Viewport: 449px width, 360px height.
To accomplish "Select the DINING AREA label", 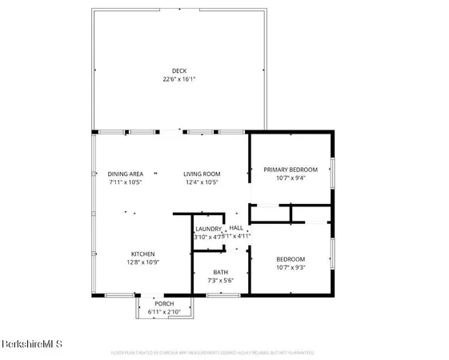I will [125, 174].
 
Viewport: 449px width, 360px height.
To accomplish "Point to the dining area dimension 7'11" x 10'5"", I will [125, 183].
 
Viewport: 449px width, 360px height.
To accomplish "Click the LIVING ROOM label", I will [202, 174].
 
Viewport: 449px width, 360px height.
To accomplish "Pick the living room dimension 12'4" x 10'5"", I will [202, 183].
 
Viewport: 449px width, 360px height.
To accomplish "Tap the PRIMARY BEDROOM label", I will [291, 169].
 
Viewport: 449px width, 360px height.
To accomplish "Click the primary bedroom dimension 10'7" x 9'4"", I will [291, 178].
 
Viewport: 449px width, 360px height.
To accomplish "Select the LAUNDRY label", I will [207, 228].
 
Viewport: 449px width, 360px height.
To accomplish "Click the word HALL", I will [236, 227].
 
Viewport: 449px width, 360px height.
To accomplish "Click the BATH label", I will [220, 271].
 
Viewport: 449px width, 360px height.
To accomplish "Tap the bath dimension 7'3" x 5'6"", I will [220, 281].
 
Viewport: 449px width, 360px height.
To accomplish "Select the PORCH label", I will [164, 303].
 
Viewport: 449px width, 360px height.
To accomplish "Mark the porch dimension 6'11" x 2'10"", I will [164, 312].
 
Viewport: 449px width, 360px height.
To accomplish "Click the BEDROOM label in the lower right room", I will [291, 258].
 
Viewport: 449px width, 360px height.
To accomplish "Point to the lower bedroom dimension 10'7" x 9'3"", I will [291, 268].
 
